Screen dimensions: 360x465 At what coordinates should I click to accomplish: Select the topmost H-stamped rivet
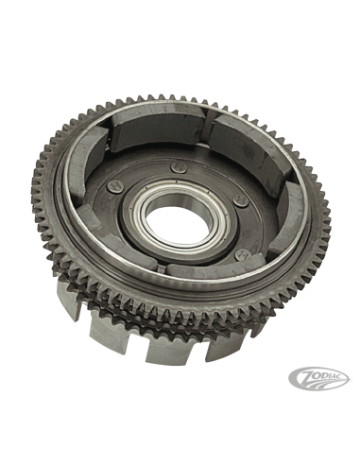pos(178,166)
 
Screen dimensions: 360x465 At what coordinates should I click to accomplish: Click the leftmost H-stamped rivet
pos(113,185)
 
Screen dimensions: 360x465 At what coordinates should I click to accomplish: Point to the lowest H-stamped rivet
pos(243,254)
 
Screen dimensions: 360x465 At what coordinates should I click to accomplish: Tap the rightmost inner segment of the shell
pos(286,217)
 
